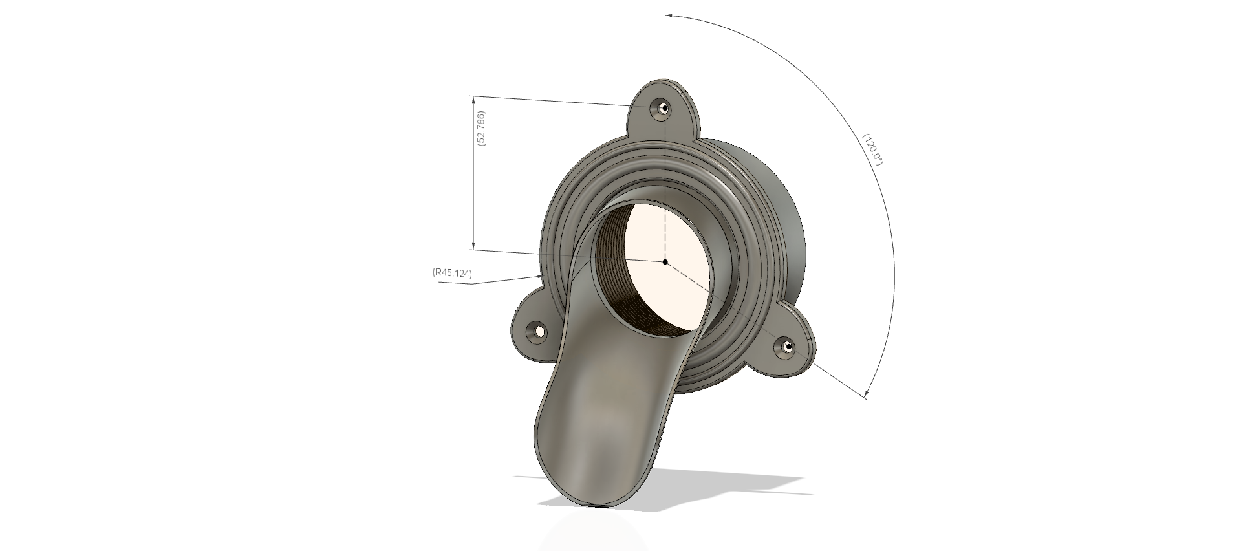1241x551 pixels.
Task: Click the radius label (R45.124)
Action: coord(452,273)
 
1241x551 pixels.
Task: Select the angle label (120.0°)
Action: coord(872,149)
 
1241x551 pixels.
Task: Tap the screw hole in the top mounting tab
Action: coord(662,109)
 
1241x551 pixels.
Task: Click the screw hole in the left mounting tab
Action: coord(537,332)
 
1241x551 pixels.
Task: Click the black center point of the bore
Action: coord(665,261)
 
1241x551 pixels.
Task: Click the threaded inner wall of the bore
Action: coord(608,272)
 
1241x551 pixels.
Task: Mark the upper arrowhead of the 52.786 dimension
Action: coord(473,99)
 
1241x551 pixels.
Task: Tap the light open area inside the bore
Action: coord(666,233)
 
